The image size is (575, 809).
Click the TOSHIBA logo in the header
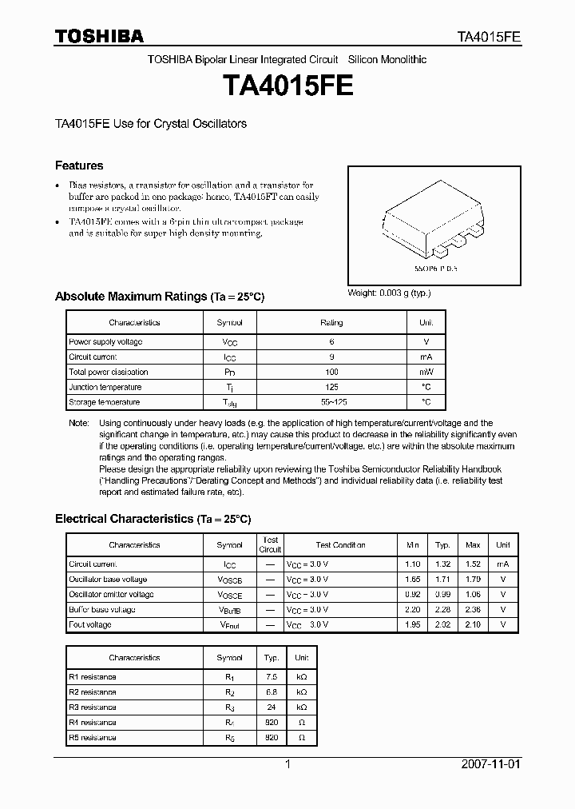click(x=99, y=36)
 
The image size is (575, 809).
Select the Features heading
click(x=79, y=165)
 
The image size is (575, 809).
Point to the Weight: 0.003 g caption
click(x=389, y=293)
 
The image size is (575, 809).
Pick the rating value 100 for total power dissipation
click(x=331, y=372)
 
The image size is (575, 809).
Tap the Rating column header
click(x=331, y=323)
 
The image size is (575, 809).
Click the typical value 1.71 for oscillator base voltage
click(x=442, y=580)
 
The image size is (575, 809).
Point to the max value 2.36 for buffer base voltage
click(x=473, y=610)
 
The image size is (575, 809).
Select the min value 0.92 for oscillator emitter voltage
click(x=412, y=595)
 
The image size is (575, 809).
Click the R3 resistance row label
click(x=93, y=707)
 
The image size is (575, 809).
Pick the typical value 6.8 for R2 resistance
click(x=272, y=692)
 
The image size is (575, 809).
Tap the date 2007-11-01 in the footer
click(x=490, y=764)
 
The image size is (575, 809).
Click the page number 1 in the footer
click(x=287, y=764)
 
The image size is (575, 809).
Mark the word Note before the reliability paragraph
click(x=78, y=423)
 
